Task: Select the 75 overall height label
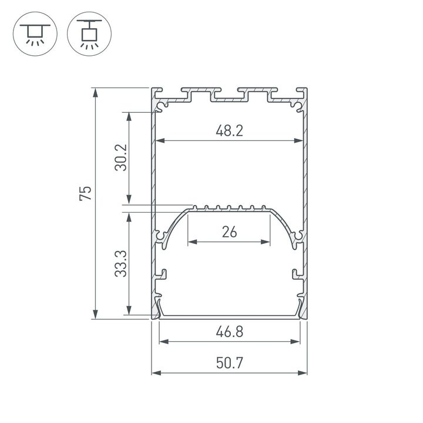tap(86, 193)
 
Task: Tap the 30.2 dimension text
tap(120, 157)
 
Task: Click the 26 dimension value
tap(229, 232)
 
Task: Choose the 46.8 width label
tap(229, 332)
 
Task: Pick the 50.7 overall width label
tap(229, 364)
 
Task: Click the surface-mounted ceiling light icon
tap(35, 33)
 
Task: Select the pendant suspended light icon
tap(89, 33)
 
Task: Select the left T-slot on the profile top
tap(200, 93)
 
